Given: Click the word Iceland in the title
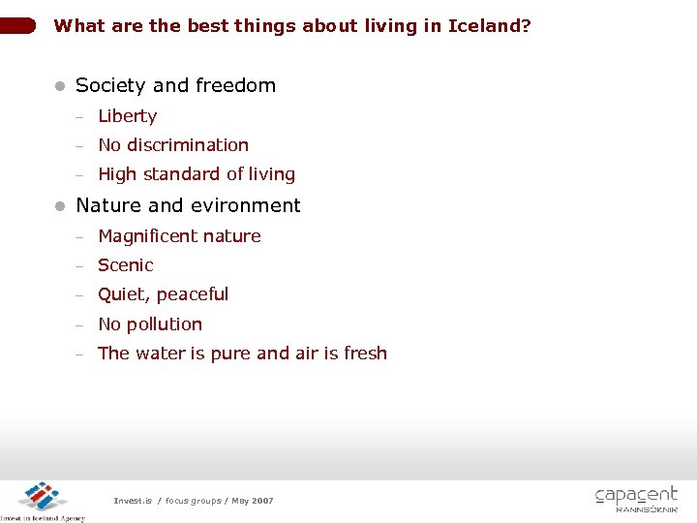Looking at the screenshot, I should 484,26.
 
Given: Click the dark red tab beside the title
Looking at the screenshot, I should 18,26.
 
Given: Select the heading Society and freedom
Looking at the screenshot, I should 175,85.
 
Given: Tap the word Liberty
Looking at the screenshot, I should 127,116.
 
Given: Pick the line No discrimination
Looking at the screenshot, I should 173,145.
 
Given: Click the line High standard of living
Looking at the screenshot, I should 197,174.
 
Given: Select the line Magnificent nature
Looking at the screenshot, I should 179,236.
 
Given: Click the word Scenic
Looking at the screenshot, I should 126,265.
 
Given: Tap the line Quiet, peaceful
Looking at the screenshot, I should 163,294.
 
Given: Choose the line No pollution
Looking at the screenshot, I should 150,324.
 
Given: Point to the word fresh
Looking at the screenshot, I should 365,354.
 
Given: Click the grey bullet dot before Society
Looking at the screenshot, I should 60,86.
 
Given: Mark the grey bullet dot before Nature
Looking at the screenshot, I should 60,206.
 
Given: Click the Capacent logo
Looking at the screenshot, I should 636,499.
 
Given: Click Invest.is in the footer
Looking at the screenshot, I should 133,501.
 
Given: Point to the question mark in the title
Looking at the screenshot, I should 527,26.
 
